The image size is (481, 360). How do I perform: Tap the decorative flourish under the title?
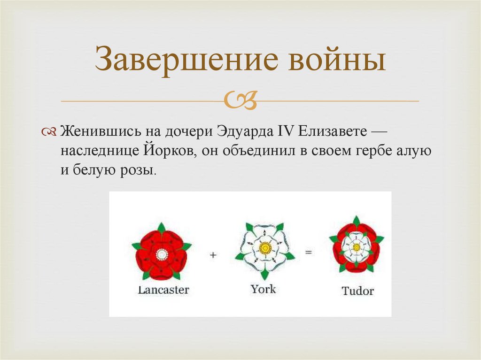pos(240,100)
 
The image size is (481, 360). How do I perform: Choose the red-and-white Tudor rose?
pos(356,246)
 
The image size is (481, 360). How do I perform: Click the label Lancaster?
pos(163,290)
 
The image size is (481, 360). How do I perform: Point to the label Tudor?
pos(357,291)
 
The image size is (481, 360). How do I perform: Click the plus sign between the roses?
pos(213,255)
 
